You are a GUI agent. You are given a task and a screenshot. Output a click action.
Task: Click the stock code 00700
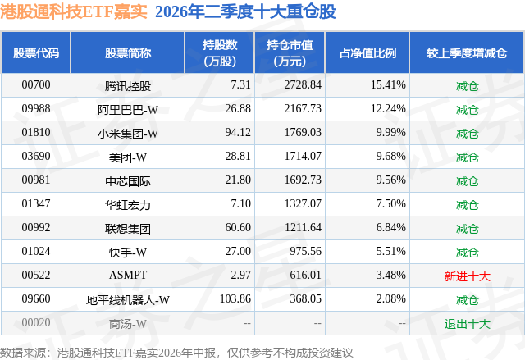click(36, 84)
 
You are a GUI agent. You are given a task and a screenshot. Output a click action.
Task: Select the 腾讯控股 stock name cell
click(128, 86)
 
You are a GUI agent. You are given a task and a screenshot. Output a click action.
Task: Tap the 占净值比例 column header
click(367, 53)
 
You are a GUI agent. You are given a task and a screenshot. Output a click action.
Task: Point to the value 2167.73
click(303, 108)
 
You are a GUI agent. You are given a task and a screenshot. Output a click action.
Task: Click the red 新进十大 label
click(467, 276)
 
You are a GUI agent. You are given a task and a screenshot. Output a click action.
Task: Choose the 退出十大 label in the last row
click(467, 324)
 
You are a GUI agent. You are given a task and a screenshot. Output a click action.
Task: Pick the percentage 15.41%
click(388, 84)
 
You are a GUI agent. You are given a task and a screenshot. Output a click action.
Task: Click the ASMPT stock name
click(128, 275)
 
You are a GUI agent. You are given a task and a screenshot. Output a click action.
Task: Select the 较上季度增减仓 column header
click(467, 53)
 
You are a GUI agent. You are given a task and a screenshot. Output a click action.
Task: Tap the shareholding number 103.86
click(235, 298)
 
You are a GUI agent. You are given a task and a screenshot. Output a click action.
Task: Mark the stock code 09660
click(36, 298)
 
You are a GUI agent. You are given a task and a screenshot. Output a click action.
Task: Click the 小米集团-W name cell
click(128, 134)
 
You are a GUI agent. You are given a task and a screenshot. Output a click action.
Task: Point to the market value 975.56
click(305, 251)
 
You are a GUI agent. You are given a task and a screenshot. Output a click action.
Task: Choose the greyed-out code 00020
click(36, 322)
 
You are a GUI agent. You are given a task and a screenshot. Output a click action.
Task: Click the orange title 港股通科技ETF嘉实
click(74, 11)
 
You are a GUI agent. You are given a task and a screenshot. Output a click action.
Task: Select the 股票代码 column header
click(36, 53)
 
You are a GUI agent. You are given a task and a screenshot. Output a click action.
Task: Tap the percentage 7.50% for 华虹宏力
click(390, 203)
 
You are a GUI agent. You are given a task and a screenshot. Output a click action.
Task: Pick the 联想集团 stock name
click(128, 229)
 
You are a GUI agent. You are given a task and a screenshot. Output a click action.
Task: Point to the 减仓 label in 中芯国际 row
click(467, 181)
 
